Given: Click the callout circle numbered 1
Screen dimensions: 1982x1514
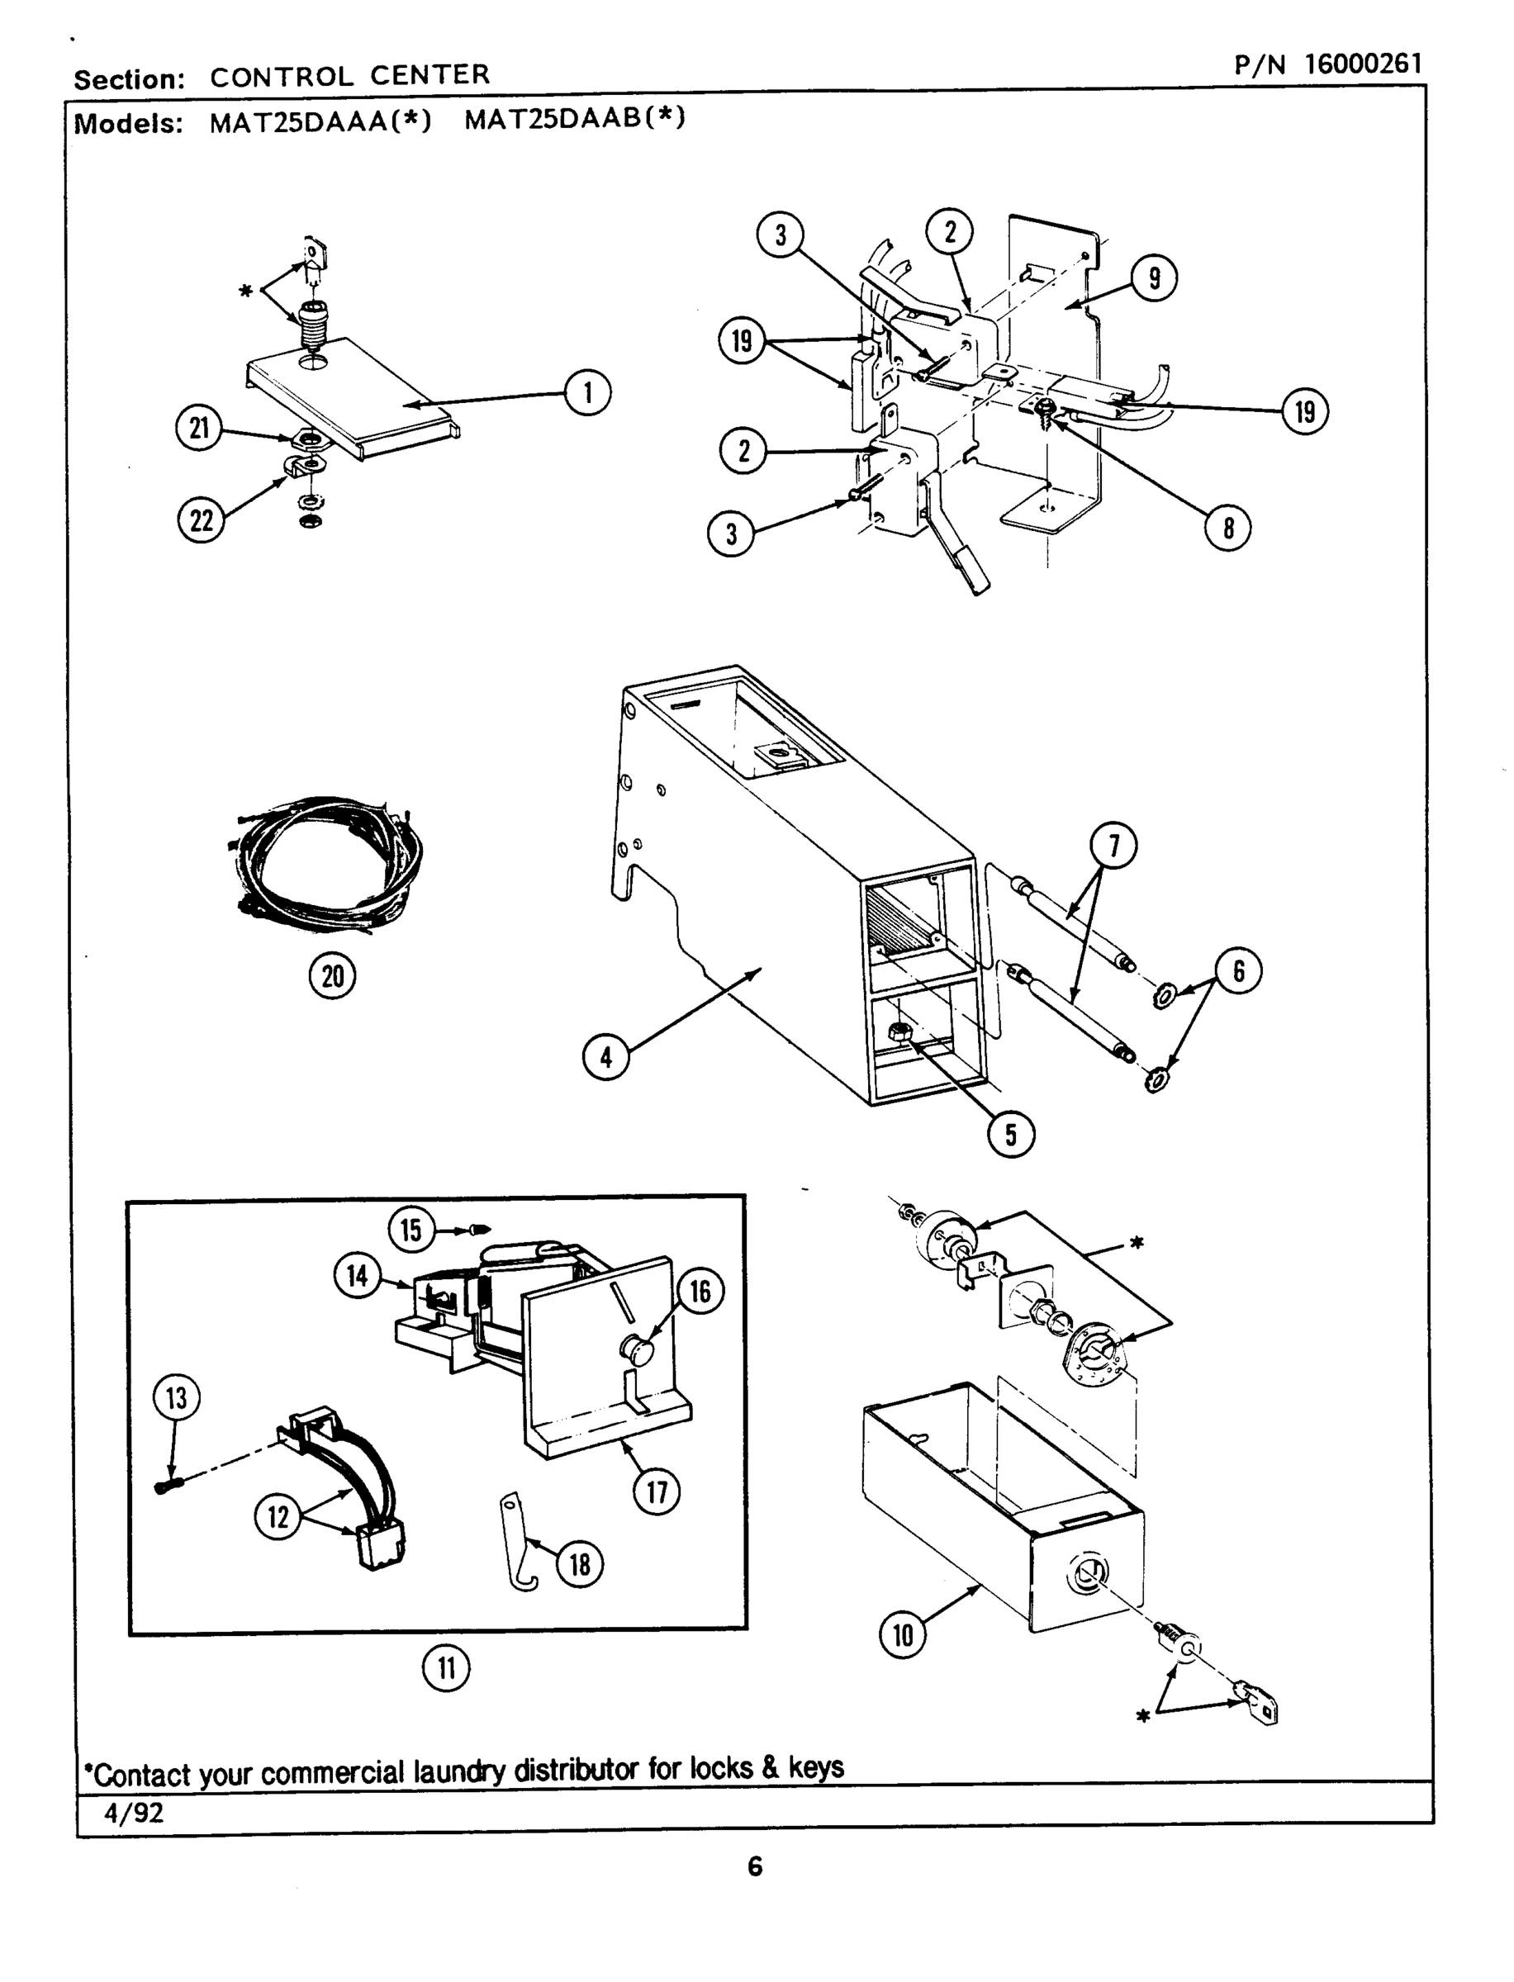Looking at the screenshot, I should point(587,394).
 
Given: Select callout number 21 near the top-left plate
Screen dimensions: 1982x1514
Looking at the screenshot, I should point(199,428).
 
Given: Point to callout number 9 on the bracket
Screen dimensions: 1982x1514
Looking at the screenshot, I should point(1154,278).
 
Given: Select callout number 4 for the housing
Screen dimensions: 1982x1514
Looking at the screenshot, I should point(605,1057).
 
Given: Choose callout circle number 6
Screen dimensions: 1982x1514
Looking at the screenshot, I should point(1238,971).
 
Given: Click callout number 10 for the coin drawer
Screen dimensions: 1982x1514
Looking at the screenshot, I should point(902,1634).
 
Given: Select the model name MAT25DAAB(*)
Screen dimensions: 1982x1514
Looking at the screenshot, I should point(575,118).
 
